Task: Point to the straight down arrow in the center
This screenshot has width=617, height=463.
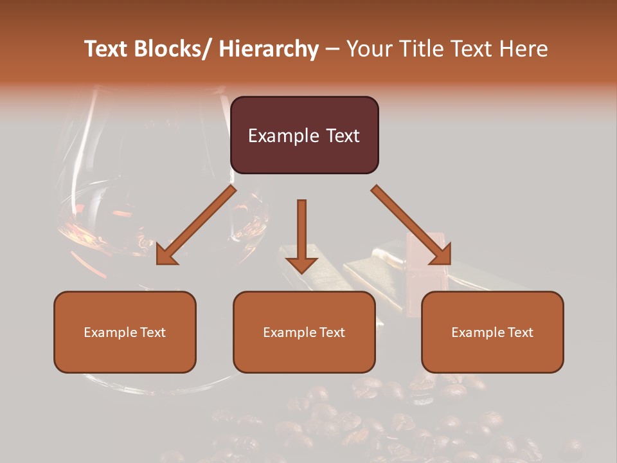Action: coord(301,232)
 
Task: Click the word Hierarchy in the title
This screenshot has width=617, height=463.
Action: coord(269,49)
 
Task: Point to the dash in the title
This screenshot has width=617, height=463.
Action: coord(332,49)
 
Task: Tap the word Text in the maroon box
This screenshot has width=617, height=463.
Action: coord(341,136)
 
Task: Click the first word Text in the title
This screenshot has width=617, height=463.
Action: coord(107,49)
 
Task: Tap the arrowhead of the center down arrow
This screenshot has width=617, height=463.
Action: coord(301,265)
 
